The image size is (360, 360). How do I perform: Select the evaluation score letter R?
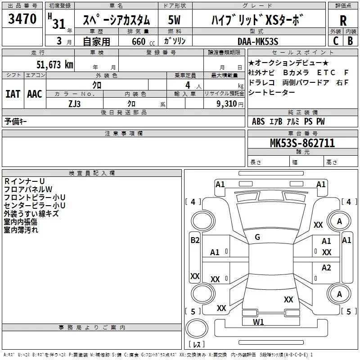pyautogui.click(x=343, y=21)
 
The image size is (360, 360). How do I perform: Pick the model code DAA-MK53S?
pyautogui.click(x=258, y=41)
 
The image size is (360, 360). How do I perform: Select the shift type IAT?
pyautogui.click(x=13, y=94)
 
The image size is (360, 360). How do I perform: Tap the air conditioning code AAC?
pyautogui.click(x=35, y=94)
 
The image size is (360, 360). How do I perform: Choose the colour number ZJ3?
pyautogui.click(x=75, y=103)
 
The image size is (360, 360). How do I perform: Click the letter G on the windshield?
pyautogui.click(x=257, y=237)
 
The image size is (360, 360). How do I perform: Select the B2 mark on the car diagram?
pyautogui.click(x=194, y=240)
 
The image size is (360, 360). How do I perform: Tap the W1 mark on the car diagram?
pyautogui.click(x=258, y=322)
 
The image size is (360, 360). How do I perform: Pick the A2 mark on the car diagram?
pyautogui.click(x=326, y=268)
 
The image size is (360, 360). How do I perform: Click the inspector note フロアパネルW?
pyautogui.click(x=28, y=189)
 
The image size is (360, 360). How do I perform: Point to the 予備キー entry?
pyautogui.click(x=16, y=121)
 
